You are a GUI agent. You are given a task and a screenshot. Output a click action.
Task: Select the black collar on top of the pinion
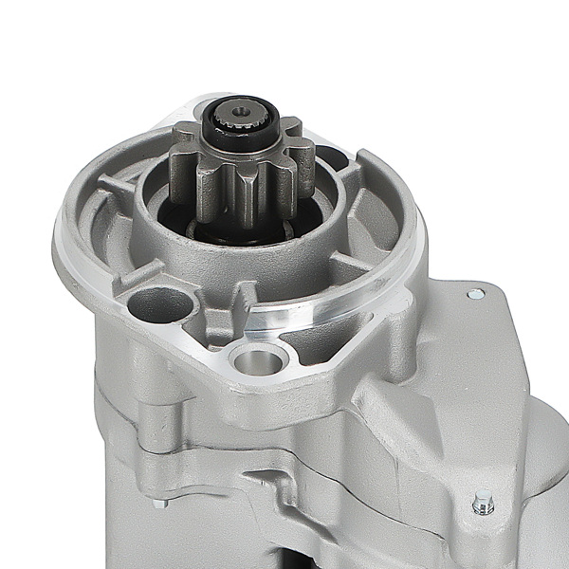(x=244, y=134)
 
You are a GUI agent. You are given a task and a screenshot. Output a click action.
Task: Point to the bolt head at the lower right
(x=484, y=503)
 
